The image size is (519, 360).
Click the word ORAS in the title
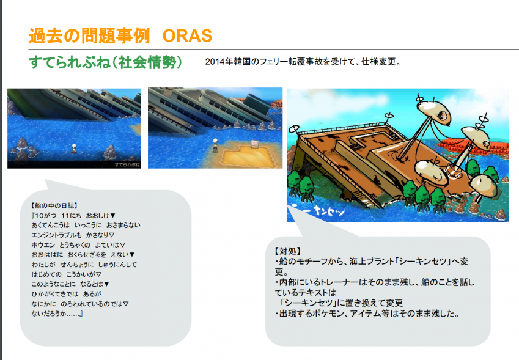click(x=187, y=35)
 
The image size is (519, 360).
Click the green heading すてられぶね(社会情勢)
click(x=105, y=62)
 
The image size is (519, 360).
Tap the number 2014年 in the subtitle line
click(x=215, y=62)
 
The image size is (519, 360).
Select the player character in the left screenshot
click(x=74, y=149)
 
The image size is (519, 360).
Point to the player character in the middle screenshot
click(x=215, y=145)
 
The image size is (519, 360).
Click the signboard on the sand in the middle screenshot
click(x=254, y=144)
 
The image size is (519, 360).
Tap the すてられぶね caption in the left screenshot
click(x=127, y=164)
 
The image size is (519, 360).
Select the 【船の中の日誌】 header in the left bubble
click(x=54, y=206)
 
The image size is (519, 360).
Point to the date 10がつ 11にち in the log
click(x=56, y=216)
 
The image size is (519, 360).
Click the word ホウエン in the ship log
click(x=43, y=245)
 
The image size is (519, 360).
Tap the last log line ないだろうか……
click(x=57, y=314)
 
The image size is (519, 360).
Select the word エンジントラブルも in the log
click(x=56, y=235)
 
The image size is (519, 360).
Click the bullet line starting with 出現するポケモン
click(x=367, y=314)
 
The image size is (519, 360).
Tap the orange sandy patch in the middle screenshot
click(x=246, y=156)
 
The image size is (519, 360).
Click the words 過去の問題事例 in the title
click(x=89, y=35)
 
